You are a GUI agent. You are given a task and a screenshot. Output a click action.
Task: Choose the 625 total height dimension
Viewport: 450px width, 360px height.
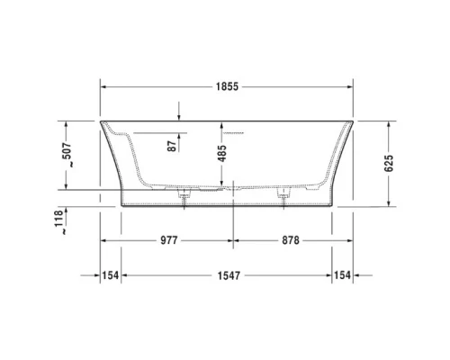pyautogui.click(x=389, y=157)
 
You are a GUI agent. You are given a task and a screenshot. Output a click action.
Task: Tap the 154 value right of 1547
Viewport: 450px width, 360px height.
pyautogui.click(x=343, y=274)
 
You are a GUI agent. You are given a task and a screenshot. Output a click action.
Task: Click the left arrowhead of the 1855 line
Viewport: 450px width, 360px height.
pyautogui.click(x=103, y=86)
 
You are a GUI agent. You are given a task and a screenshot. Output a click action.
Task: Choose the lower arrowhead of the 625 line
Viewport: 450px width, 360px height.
pyautogui.click(x=389, y=204)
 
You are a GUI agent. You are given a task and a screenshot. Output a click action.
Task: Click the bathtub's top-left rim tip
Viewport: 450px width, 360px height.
pyautogui.click(x=100, y=120)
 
